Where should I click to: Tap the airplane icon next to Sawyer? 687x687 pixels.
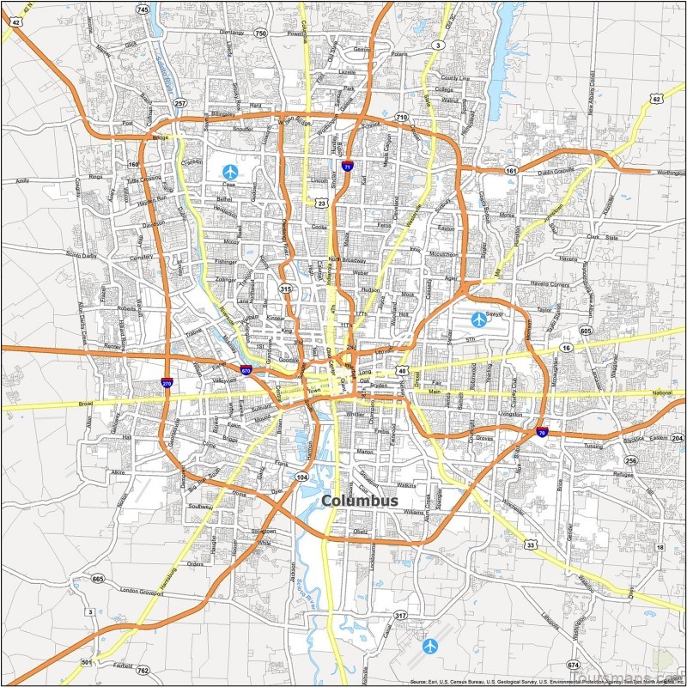pyautogui.click(x=479, y=319)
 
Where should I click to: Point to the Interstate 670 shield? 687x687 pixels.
pyautogui.click(x=246, y=371)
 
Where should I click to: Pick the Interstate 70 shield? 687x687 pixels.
pyautogui.click(x=541, y=434)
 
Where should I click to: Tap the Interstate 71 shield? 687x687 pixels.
pyautogui.click(x=347, y=167)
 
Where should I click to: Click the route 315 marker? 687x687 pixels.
pyautogui.click(x=286, y=290)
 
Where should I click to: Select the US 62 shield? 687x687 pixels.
pyautogui.click(x=655, y=99)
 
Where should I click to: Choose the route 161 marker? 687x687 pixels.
pyautogui.click(x=512, y=171)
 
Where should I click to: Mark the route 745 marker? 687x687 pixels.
pyautogui.click(x=143, y=9)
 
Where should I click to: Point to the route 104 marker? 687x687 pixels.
pyautogui.click(x=301, y=477)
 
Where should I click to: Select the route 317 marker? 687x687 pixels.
pyautogui.click(x=400, y=616)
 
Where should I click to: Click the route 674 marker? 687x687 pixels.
pyautogui.click(x=574, y=666)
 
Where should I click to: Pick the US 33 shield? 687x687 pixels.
pyautogui.click(x=532, y=545)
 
